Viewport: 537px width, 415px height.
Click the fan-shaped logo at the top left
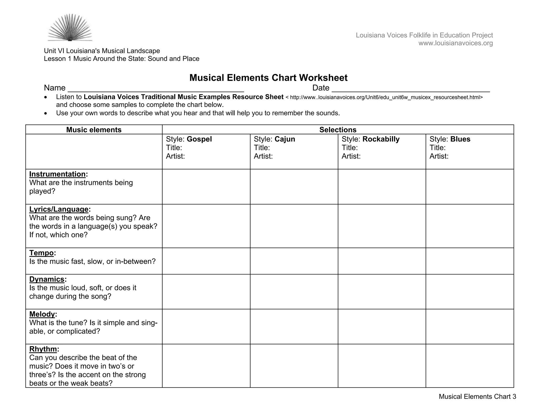pyautogui.click(x=70, y=28)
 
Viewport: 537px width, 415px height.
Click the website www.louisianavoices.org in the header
pyautogui.click(x=455, y=43)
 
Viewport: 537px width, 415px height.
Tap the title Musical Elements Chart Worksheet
pyautogui.click(x=268, y=78)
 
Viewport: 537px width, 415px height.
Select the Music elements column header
pyautogui.click(x=94, y=130)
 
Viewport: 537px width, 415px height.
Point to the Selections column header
pyautogui.click(x=338, y=130)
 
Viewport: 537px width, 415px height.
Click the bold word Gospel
pyautogui.click(x=199, y=139)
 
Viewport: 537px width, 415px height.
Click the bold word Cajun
pyautogui.click(x=285, y=139)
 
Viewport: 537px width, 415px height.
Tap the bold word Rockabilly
pyautogui.click(x=381, y=139)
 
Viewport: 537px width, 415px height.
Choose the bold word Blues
pyautogui.click(x=460, y=139)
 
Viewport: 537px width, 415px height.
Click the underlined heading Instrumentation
pyautogui.click(x=57, y=174)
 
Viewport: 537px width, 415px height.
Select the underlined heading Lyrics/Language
pyautogui.click(x=59, y=209)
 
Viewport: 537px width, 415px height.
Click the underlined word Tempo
pyautogui.click(x=41, y=253)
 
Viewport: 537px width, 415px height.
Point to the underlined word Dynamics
pyautogui.click(x=47, y=279)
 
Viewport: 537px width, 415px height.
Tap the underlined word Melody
pyautogui.click(x=42, y=314)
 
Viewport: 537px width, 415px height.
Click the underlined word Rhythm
pyautogui.click(x=43, y=349)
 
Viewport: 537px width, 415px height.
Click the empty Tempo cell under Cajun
pyautogui.click(x=294, y=261)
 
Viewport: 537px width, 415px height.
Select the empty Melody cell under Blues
pyautogui.click(x=470, y=326)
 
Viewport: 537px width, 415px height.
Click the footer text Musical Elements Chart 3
pyautogui.click(x=477, y=396)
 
